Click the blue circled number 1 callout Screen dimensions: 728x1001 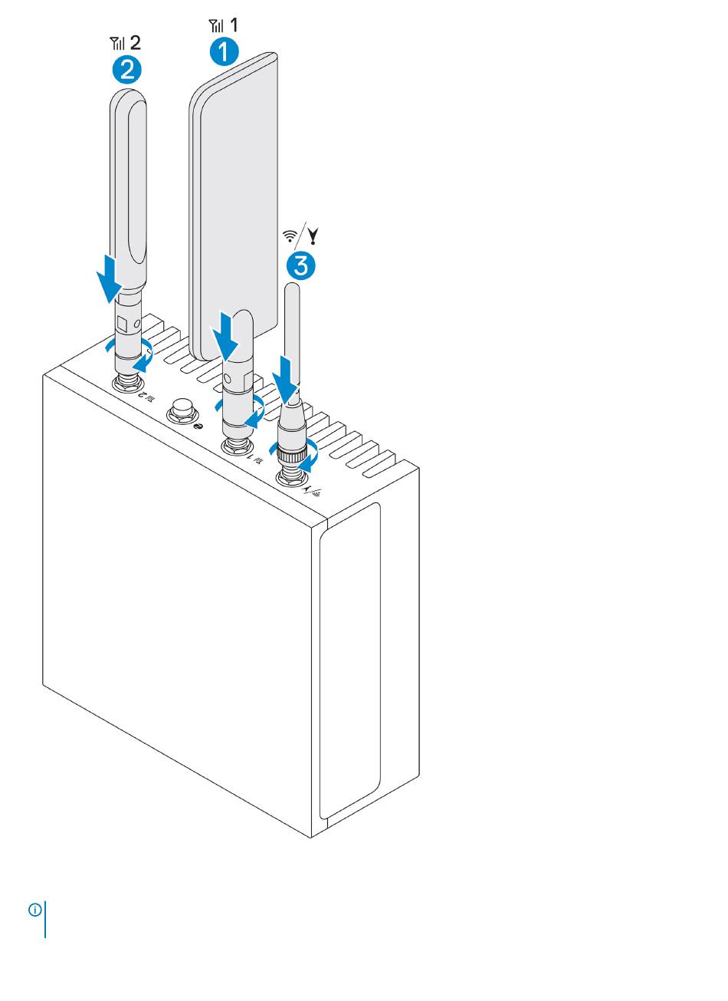[224, 51]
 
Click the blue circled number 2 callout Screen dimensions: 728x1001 [126, 70]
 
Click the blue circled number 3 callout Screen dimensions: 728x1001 [300, 266]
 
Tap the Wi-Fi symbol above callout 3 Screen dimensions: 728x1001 [290, 236]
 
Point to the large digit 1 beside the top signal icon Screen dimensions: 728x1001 [234, 25]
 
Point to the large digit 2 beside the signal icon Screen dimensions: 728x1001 [135, 43]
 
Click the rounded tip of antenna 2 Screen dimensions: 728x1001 [128, 100]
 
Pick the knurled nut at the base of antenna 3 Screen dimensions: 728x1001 [291, 454]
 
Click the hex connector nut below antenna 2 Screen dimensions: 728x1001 [128, 382]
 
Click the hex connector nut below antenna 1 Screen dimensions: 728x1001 [237, 446]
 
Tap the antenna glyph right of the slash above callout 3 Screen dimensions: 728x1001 [313, 236]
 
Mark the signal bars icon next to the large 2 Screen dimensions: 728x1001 [117, 44]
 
